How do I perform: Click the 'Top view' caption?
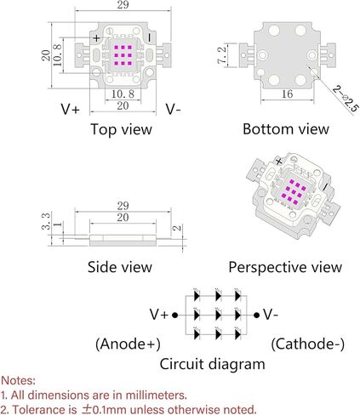click(x=121, y=129)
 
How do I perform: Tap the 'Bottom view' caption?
click(x=286, y=129)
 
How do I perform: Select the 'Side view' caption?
click(x=120, y=267)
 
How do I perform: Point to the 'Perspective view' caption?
click(x=285, y=267)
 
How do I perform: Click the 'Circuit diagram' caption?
click(x=212, y=364)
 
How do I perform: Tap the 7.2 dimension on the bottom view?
click(x=221, y=55)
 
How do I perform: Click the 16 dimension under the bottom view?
click(x=287, y=94)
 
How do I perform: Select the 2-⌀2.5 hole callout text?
click(x=346, y=99)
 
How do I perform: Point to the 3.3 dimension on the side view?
click(x=46, y=221)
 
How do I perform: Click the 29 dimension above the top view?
click(x=123, y=4)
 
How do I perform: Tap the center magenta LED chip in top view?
click(x=123, y=55)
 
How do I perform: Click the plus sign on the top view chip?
click(x=96, y=37)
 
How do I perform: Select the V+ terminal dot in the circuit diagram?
click(x=175, y=315)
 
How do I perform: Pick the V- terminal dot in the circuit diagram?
click(x=256, y=315)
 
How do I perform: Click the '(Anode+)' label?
click(x=128, y=344)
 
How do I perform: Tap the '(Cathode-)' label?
click(x=308, y=344)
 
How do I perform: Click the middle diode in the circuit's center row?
click(x=218, y=315)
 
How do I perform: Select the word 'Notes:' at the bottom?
click(x=19, y=380)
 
